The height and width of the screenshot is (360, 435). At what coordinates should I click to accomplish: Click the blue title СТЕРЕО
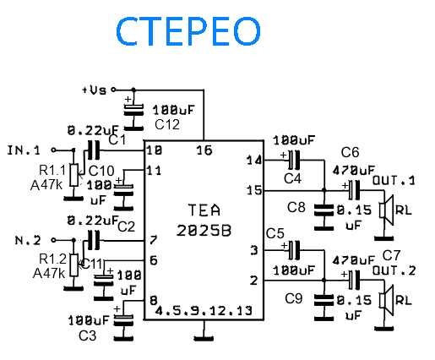click(188, 31)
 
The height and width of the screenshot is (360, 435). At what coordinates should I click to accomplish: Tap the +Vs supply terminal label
click(95, 90)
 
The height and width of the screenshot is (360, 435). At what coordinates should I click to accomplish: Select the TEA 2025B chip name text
click(204, 221)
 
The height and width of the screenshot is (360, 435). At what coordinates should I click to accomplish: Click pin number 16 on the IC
click(204, 150)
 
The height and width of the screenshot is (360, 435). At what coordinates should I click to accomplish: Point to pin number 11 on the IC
click(154, 171)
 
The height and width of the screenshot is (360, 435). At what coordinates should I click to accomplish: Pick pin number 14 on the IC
click(254, 161)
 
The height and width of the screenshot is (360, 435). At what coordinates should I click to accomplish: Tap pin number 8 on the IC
click(154, 301)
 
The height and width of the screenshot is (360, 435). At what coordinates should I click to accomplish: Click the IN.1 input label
click(24, 150)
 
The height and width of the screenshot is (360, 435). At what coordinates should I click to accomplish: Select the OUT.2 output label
click(394, 270)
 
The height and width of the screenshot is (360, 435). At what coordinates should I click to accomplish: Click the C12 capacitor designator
click(167, 124)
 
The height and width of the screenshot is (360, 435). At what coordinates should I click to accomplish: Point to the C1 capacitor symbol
click(94, 150)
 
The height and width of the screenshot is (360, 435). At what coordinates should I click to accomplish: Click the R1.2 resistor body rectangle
click(74, 265)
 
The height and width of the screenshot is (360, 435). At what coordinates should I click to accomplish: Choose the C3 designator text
click(88, 335)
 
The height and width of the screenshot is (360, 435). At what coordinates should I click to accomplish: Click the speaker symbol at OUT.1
click(386, 210)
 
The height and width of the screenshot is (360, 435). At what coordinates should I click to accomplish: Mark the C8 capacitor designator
click(296, 207)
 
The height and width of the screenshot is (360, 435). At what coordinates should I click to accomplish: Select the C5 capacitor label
click(275, 233)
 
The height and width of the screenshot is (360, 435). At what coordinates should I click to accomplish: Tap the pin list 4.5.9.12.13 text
click(204, 311)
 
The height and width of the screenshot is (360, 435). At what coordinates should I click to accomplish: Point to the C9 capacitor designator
click(294, 298)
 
